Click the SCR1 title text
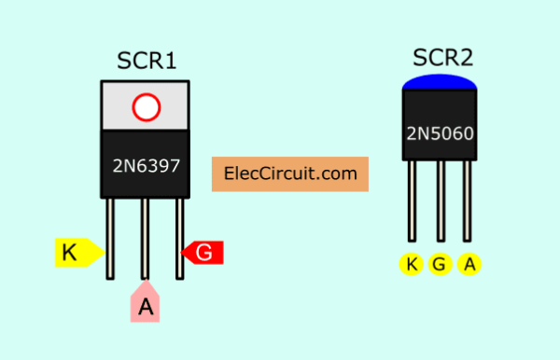click(147, 62)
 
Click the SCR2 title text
click(441, 58)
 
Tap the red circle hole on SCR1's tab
click(146, 107)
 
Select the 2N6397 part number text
click(146, 167)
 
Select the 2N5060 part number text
click(441, 133)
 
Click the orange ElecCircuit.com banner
click(290, 173)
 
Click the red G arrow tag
click(203, 252)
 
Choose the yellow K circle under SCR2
click(411, 265)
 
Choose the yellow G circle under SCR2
click(441, 265)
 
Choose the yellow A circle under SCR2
click(470, 265)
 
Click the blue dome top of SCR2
click(441, 83)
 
